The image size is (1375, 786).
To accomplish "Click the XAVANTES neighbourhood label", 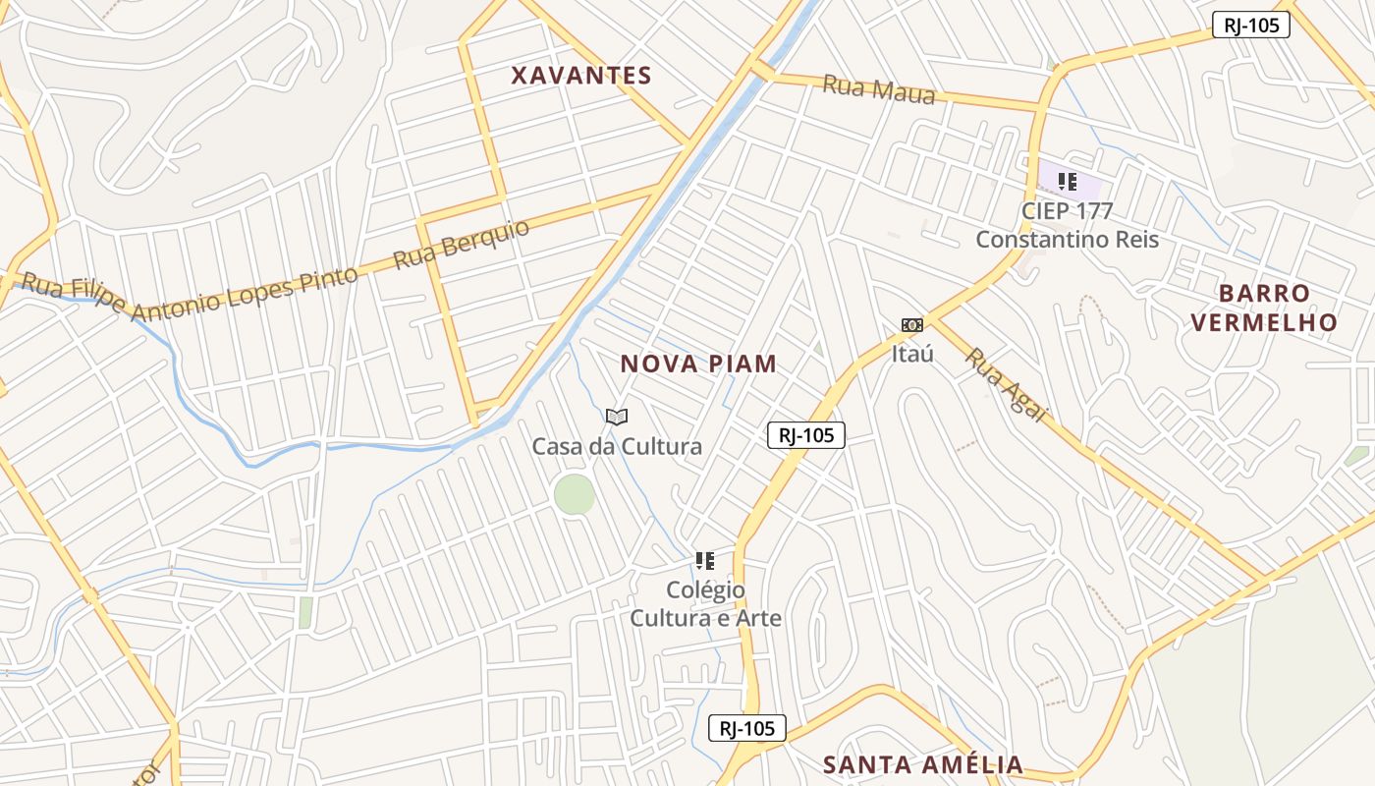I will click(581, 76).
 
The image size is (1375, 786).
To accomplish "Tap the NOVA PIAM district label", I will click(698, 365).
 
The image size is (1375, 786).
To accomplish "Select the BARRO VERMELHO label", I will click(1264, 308).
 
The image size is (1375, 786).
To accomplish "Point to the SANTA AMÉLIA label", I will click(923, 764).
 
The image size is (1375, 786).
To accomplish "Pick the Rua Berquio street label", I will click(461, 245).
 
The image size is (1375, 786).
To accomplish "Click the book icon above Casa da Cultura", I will click(617, 418).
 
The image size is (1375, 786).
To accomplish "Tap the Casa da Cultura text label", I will click(617, 447).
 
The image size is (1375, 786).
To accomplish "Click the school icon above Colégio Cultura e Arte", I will click(705, 561).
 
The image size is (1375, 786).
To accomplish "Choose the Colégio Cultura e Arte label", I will click(705, 603).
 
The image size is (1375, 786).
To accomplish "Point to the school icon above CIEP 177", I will click(1068, 182).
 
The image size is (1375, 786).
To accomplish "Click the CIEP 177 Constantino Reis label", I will click(1068, 225).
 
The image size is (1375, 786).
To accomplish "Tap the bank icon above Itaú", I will click(912, 325).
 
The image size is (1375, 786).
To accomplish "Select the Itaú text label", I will click(912, 354).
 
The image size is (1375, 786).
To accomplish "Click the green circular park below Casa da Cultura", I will click(575, 494).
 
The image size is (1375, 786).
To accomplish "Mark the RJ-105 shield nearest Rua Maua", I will click(1250, 26).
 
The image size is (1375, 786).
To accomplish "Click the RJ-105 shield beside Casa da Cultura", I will click(805, 435).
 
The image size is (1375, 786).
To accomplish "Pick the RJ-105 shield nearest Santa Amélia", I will click(747, 728).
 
